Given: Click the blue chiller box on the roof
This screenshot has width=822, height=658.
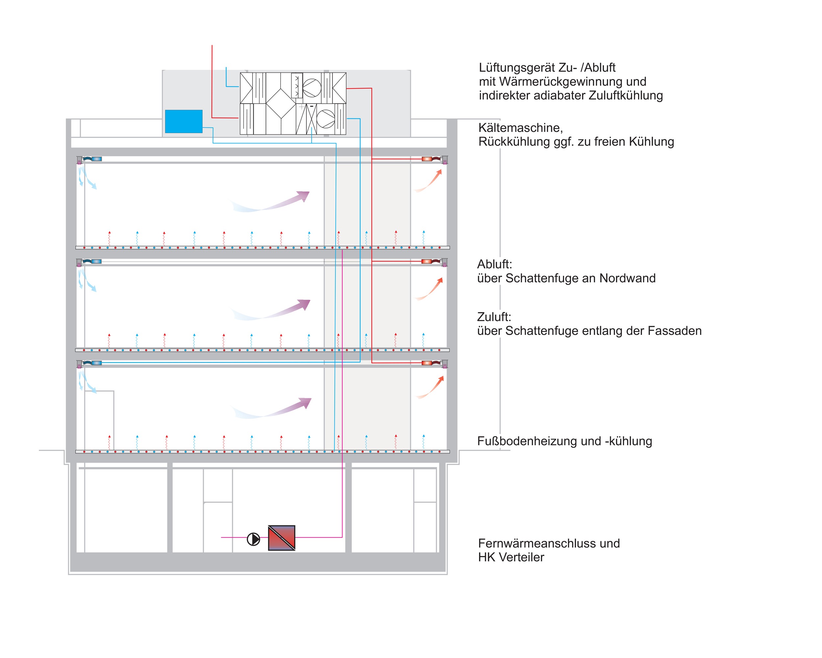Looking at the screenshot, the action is (x=184, y=121).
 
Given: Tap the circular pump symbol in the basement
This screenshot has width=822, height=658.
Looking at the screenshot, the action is (x=254, y=539).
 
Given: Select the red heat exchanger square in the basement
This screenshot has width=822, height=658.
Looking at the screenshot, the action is (x=282, y=538).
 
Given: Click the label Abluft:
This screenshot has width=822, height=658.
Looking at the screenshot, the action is (x=495, y=264).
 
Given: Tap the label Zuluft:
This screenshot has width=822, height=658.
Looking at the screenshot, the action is (x=494, y=316).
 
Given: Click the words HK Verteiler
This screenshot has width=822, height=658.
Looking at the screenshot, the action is (x=511, y=557).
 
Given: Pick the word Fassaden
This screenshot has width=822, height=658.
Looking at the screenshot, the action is (x=673, y=331).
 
